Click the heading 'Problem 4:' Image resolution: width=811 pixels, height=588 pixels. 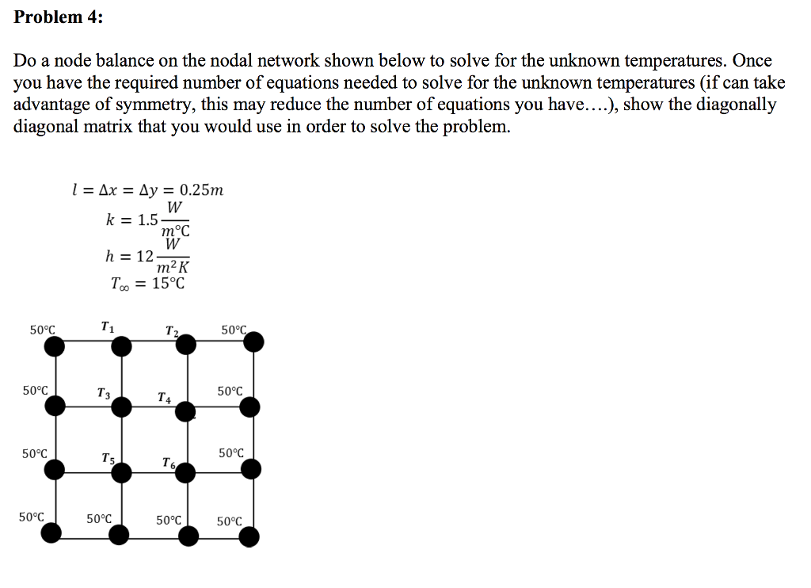click(x=58, y=17)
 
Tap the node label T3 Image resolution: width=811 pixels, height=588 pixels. click(x=103, y=391)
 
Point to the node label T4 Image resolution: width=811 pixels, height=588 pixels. click(x=164, y=396)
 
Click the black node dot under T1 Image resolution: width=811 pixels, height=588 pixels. click(x=121, y=346)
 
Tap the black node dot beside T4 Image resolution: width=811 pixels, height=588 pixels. click(x=185, y=410)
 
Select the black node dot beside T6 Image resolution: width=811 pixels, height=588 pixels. click(x=185, y=473)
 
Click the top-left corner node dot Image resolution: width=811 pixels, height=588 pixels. click(x=53, y=346)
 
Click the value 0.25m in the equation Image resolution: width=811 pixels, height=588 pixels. click(x=201, y=190)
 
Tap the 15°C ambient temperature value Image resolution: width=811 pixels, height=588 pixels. click(x=168, y=283)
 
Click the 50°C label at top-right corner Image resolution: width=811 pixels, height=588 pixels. click(x=234, y=329)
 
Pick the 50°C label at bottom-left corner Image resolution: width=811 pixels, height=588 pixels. click(x=31, y=517)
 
